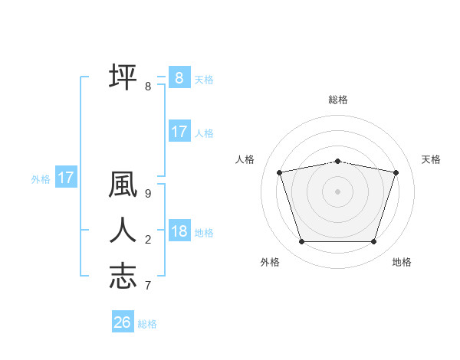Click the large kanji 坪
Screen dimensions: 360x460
(123, 77)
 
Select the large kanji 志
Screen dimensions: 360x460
(123, 276)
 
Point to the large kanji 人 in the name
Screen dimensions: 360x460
(123, 230)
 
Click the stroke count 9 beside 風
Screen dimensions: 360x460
(147, 194)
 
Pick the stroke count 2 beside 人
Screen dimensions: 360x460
(147, 240)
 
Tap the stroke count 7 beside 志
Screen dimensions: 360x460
(147, 286)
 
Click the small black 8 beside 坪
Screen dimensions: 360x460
(147, 87)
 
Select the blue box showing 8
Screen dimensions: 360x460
(179, 78)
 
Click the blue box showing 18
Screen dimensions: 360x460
(179, 231)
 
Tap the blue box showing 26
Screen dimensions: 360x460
(122, 322)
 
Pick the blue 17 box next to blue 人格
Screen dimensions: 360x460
(179, 132)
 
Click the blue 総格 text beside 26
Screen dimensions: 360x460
(147, 324)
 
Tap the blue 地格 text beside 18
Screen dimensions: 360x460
(204, 232)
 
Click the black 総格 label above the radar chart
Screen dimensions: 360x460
(338, 100)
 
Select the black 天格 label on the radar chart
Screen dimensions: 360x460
(431, 159)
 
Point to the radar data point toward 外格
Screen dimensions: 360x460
(301, 242)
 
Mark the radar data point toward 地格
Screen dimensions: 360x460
(373, 242)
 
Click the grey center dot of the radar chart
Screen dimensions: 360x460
(337, 191)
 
